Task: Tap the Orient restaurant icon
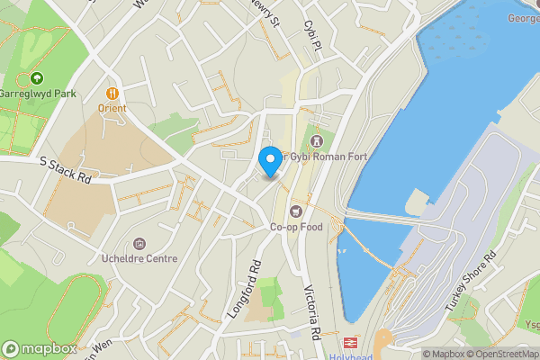[x=112, y=91]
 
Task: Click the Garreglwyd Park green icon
[x=36, y=78]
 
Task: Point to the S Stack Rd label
[x=66, y=170]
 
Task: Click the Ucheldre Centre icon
[x=139, y=244]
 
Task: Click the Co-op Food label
[x=296, y=227]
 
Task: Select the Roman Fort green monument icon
[x=315, y=140]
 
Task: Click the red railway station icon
[x=348, y=343]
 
